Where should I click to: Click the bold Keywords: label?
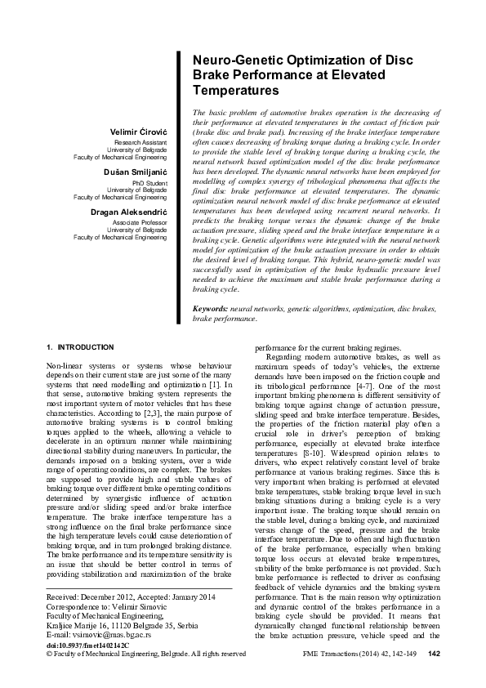[210, 309]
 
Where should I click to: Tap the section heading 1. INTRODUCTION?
[80, 347]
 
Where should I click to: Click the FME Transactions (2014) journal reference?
[339, 653]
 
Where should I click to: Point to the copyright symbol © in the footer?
[50, 654]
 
